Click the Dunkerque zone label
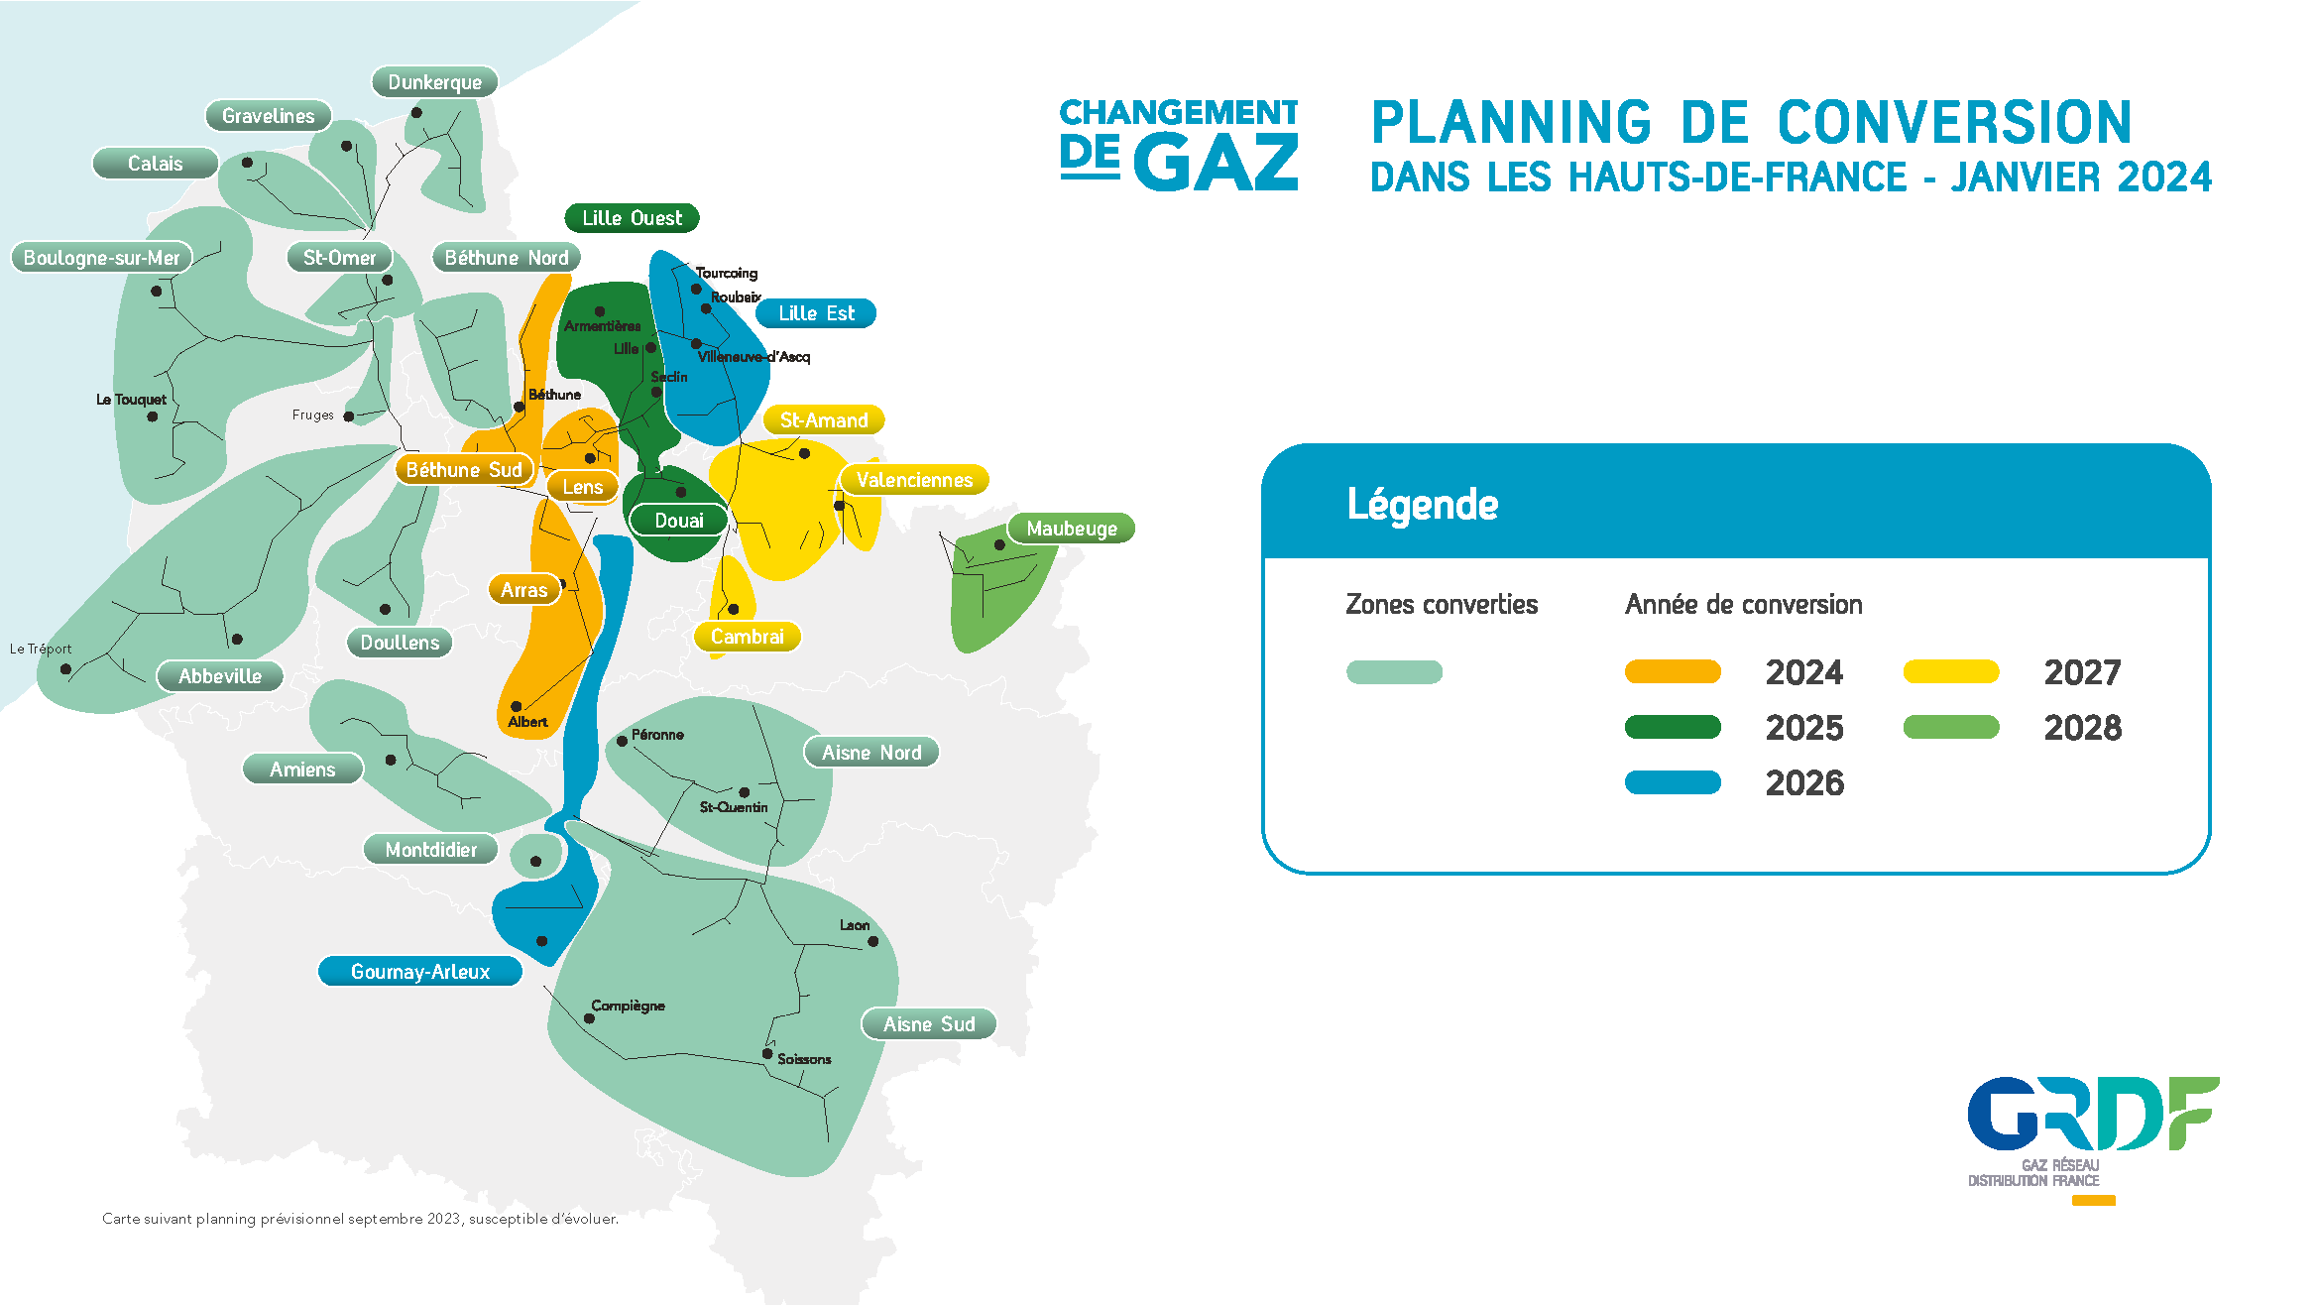pyautogui.click(x=434, y=82)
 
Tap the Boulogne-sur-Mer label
pyautogui.click(x=101, y=258)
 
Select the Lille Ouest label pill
pyautogui.click(x=632, y=218)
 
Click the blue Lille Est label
pyautogui.click(x=816, y=313)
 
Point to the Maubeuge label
pyautogui.click(x=1071, y=529)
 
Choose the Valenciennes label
pyautogui.click(x=914, y=480)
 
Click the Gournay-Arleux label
pyautogui.click(x=420, y=972)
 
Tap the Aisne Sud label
pyautogui.click(x=929, y=1024)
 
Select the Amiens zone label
pyautogui.click(x=302, y=770)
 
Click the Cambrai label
pyautogui.click(x=747, y=637)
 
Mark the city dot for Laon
pyautogui.click(x=873, y=941)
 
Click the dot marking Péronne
pyautogui.click(x=622, y=741)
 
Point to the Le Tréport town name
pyautogui.click(x=41, y=649)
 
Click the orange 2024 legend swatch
pyautogui.click(x=1673, y=672)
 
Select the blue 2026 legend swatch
pyautogui.click(x=1673, y=783)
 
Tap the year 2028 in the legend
pyautogui.click(x=2082, y=728)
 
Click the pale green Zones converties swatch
pyautogui.click(x=1394, y=672)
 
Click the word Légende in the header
pyautogui.click(x=1423, y=505)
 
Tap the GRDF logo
pyautogui.click(x=2092, y=1116)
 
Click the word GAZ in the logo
pyautogui.click(x=1216, y=162)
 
